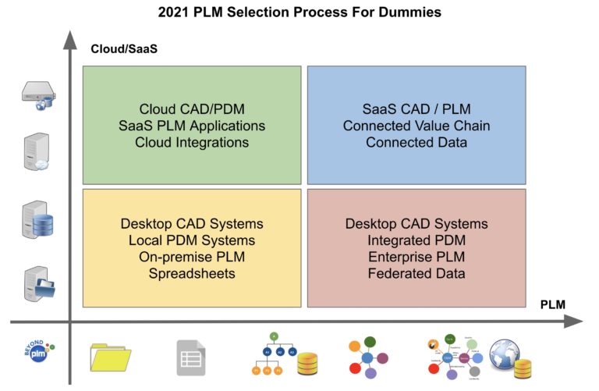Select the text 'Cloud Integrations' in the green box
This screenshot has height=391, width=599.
192,142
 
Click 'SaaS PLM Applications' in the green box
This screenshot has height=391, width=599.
192,126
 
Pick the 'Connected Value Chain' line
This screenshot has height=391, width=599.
416,126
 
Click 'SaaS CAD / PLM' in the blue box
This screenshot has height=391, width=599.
416,109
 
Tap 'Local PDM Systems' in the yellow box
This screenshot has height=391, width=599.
192,240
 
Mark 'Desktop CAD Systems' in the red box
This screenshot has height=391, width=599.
416,223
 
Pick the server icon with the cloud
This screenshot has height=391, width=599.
36,152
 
